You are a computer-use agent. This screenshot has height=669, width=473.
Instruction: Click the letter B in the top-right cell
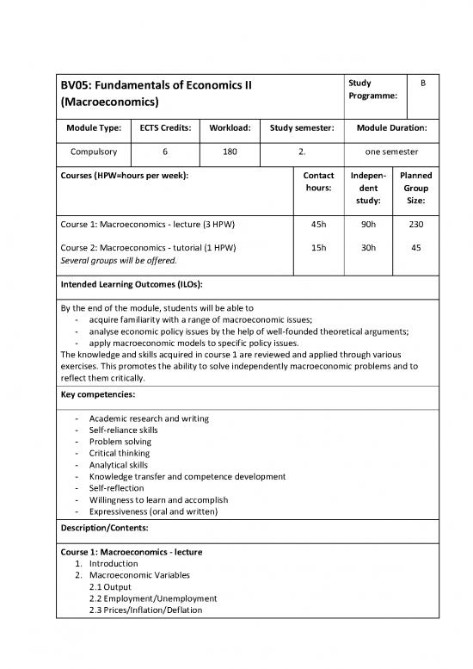click(421, 84)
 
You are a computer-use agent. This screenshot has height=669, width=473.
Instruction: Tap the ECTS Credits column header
click(166, 128)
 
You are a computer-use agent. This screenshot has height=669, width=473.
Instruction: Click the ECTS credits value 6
click(165, 152)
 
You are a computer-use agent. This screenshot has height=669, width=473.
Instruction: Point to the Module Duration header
click(387, 128)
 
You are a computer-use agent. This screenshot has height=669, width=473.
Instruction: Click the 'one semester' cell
click(387, 152)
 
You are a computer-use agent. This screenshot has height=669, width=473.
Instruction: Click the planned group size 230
click(415, 225)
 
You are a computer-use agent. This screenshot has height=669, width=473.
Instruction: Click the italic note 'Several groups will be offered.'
click(118, 260)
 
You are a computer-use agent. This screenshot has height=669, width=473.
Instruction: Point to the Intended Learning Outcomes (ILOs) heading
click(137, 284)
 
